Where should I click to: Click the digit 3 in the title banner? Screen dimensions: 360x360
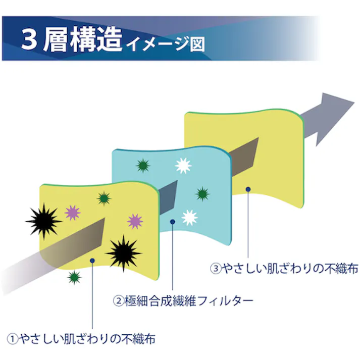(29, 39)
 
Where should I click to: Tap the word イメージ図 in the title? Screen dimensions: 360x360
(166, 44)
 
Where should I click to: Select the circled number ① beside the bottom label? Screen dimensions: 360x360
(13, 339)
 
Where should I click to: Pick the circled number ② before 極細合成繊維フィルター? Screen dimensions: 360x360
(119, 301)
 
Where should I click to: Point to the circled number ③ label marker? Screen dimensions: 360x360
(216, 269)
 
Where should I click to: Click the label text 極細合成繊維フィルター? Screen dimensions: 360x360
(189, 301)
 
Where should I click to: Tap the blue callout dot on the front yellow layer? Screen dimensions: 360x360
(92, 261)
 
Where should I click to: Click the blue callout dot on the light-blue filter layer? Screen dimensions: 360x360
(173, 222)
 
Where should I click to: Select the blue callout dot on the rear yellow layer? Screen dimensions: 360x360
(248, 189)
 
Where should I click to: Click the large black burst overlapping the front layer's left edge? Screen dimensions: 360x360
(43, 221)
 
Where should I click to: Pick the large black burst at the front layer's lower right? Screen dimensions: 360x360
(124, 253)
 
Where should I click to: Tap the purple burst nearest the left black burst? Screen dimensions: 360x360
(73, 213)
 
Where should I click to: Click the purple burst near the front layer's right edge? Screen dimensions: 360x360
(135, 221)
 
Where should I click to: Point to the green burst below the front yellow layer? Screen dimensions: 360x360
(74, 277)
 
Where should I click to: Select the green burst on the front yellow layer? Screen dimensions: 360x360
(104, 198)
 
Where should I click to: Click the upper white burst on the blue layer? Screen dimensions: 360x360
(183, 166)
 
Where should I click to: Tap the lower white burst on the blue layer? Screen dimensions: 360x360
(189, 218)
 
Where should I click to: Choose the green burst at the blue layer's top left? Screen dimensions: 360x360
(143, 166)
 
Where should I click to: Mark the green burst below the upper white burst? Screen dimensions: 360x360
(202, 194)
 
